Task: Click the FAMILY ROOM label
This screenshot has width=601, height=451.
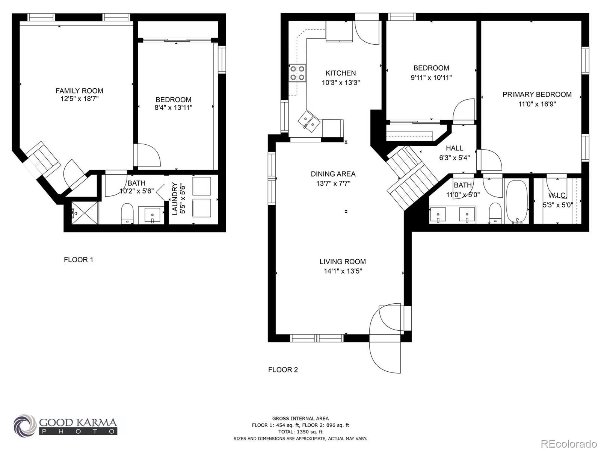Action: click(x=79, y=91)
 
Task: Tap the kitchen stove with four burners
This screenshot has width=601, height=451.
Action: click(x=297, y=73)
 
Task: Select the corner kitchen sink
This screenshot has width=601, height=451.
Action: click(x=309, y=121)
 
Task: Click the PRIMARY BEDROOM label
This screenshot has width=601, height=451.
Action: click(x=537, y=94)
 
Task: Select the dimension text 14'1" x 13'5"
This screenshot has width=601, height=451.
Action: click(x=343, y=271)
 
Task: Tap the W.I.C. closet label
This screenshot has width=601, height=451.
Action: click(x=557, y=195)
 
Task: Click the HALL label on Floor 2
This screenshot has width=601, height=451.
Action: click(x=454, y=148)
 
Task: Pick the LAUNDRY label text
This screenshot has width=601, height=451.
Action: click(x=175, y=198)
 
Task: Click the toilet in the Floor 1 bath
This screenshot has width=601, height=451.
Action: click(x=127, y=213)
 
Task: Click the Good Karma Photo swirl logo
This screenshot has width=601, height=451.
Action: click(x=25, y=425)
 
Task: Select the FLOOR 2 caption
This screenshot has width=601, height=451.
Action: click(x=283, y=370)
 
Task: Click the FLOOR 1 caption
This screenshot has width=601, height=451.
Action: click(x=79, y=260)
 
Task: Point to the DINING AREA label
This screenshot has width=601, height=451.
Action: click(x=333, y=174)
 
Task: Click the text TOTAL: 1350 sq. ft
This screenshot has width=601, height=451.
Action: click(x=300, y=432)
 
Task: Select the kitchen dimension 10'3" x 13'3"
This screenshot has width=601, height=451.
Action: click(x=341, y=83)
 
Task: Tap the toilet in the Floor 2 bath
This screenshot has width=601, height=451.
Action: click(x=495, y=213)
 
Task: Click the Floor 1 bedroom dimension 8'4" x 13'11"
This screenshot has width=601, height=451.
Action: click(x=174, y=108)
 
